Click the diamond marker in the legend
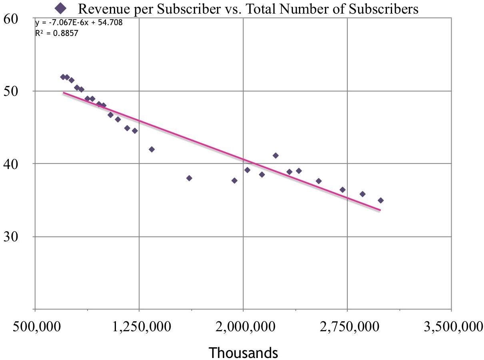point(61,8)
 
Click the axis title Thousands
point(243,352)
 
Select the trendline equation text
point(79,23)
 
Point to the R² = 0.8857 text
point(56,34)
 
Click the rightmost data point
point(380,200)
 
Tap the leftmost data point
point(63,77)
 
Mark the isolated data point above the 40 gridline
point(275,155)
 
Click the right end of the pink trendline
point(380,210)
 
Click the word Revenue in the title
point(100,8)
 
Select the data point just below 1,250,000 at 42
point(151,149)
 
